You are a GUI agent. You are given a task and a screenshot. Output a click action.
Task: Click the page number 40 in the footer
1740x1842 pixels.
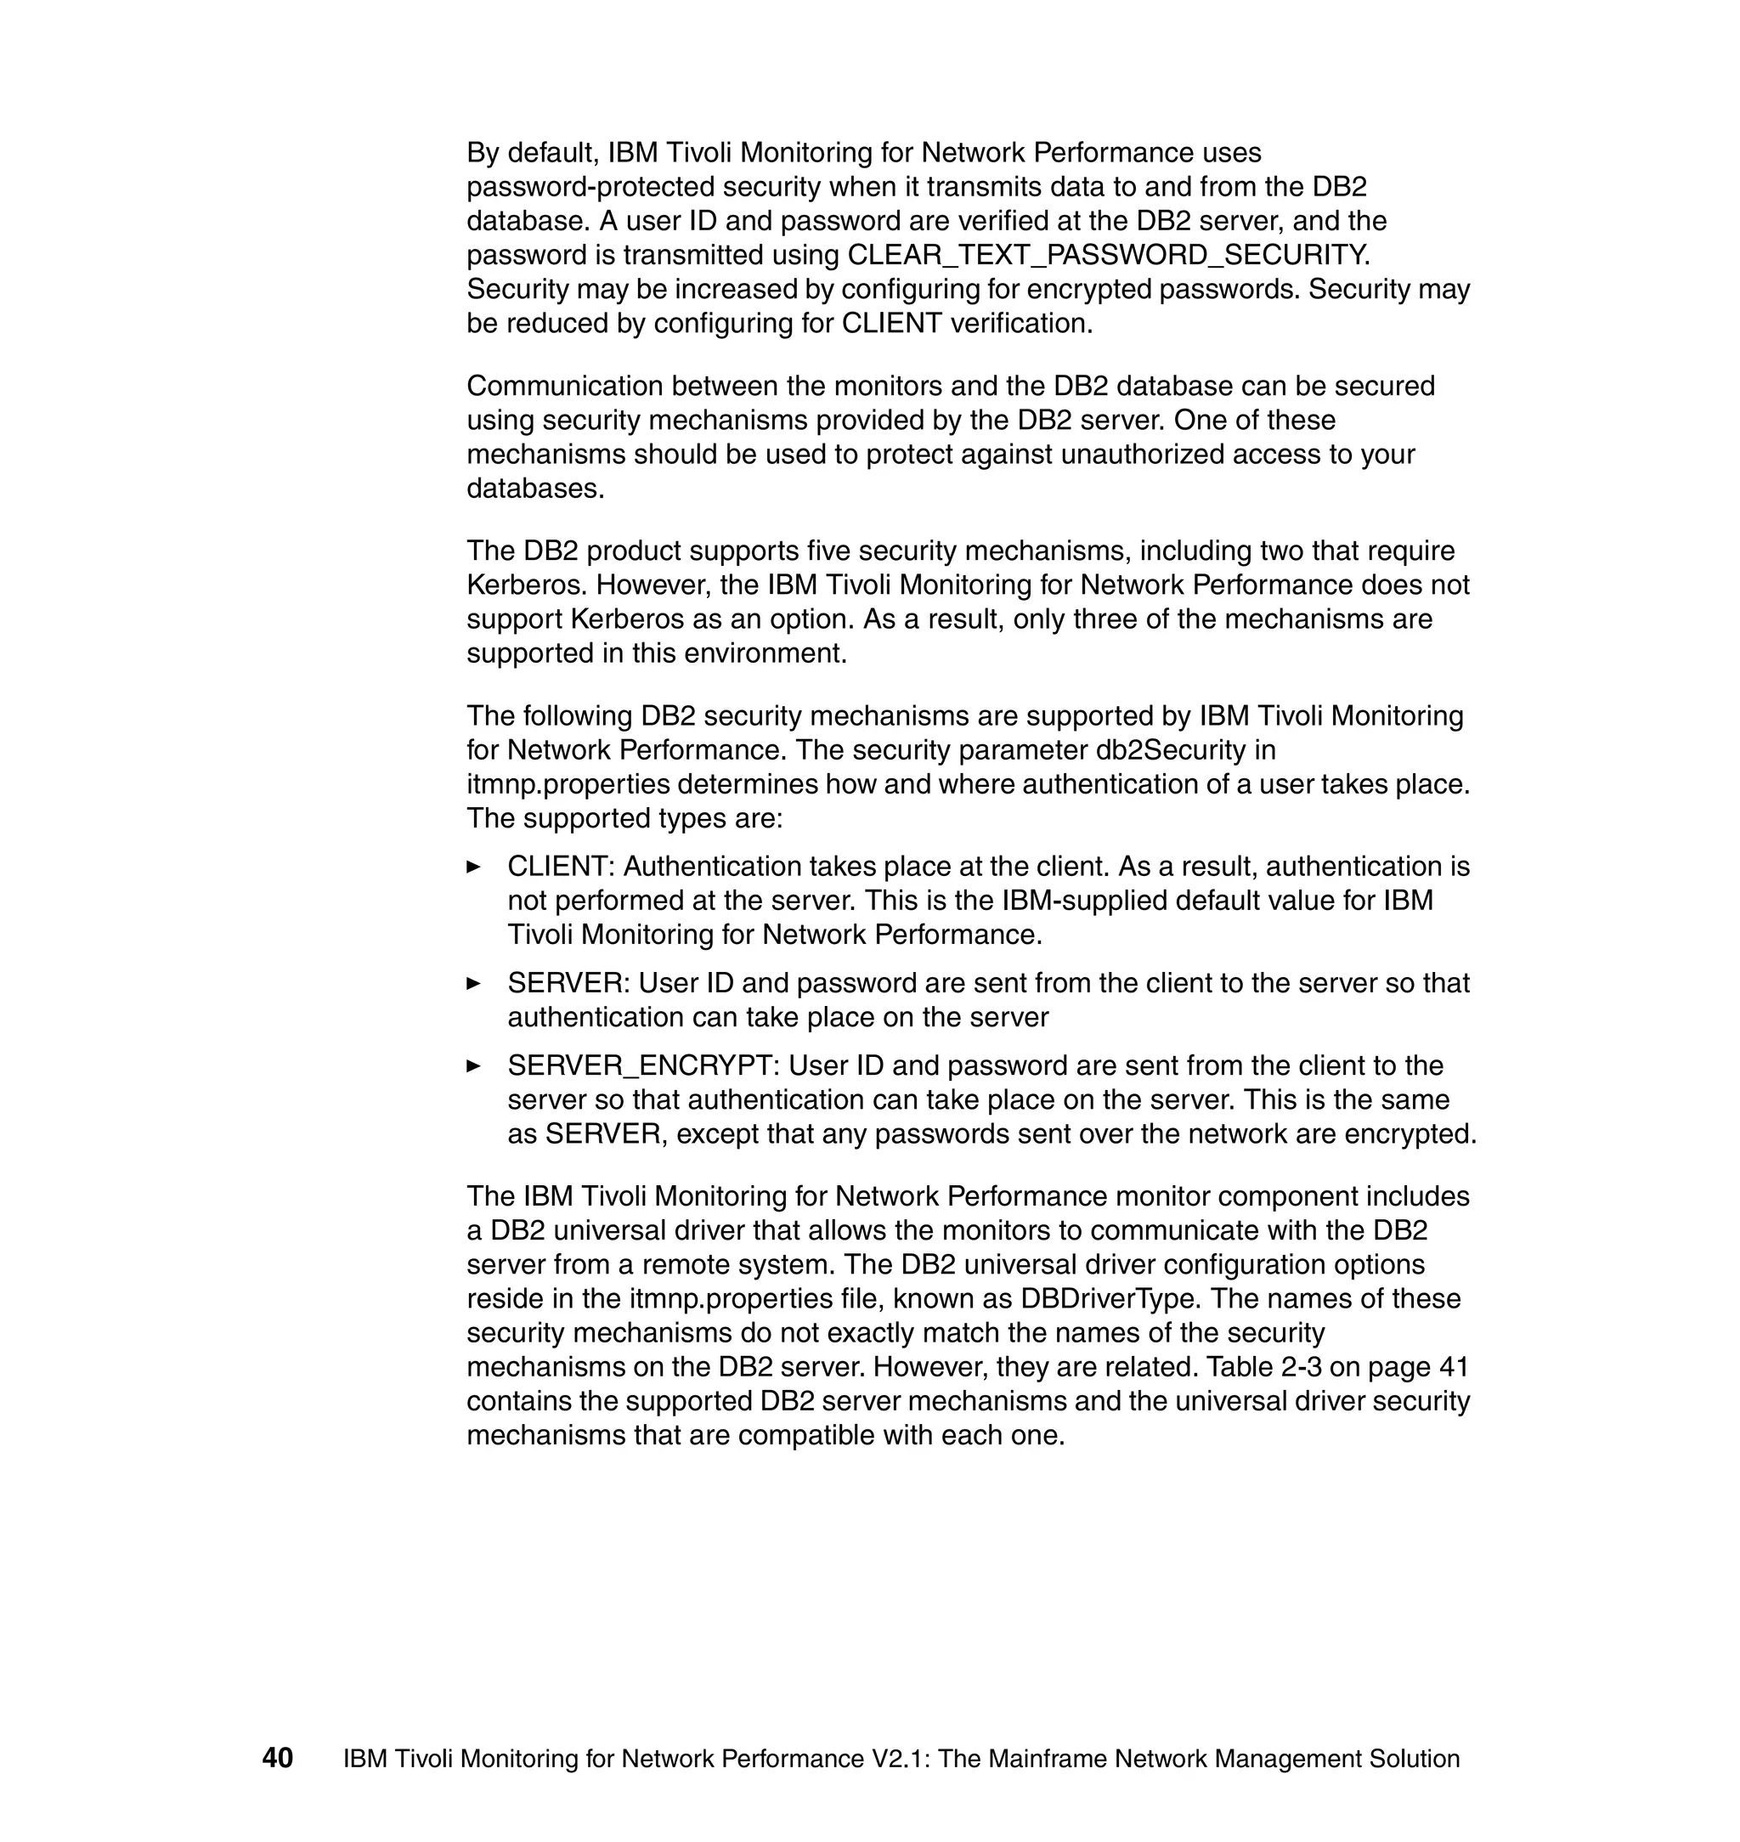[x=277, y=1758]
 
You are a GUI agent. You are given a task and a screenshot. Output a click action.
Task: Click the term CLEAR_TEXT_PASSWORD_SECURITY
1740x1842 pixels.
[x=1109, y=255]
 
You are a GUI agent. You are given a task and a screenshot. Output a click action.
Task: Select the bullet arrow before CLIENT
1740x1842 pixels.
[x=473, y=867]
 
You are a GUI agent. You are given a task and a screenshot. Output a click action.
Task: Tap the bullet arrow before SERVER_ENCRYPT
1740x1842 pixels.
[x=473, y=1065]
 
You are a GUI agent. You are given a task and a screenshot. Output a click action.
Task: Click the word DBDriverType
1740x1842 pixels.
[x=1106, y=1298]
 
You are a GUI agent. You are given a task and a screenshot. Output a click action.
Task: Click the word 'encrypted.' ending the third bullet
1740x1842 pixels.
[x=1410, y=1134]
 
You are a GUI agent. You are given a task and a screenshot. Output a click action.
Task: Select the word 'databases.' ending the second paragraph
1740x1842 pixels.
[x=535, y=489]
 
